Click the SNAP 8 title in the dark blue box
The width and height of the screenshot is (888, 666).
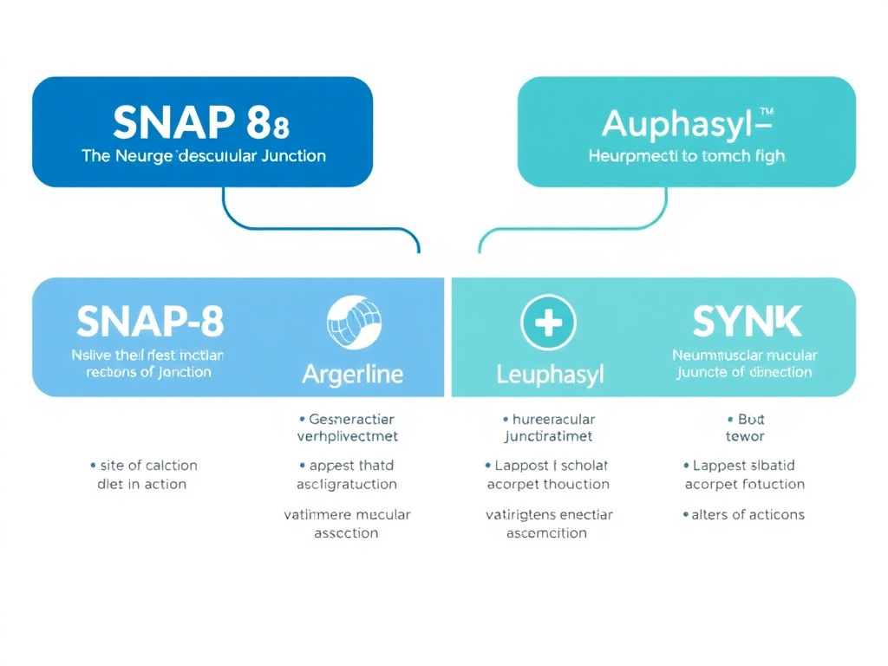(201, 124)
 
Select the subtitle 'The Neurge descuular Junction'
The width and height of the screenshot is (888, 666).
(204, 156)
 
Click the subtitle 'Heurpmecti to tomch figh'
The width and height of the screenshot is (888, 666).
(686, 156)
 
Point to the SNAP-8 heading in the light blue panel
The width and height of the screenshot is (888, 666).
(150, 322)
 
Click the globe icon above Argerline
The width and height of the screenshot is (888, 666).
(352, 323)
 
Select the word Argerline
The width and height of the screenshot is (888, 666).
(352, 375)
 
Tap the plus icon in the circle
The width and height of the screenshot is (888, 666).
(548, 323)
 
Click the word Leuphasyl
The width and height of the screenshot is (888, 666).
(550, 375)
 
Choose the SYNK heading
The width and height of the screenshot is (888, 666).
(747, 322)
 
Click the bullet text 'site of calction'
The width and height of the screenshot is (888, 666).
(147, 466)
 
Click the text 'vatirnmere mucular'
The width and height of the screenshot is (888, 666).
(347, 514)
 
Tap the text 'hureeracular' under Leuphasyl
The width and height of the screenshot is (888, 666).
(551, 419)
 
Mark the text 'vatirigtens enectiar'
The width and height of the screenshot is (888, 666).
(549, 514)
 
